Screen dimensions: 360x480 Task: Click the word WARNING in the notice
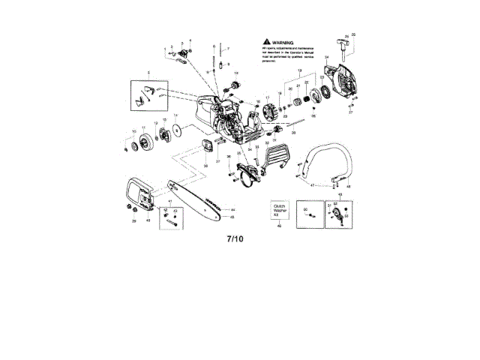282,43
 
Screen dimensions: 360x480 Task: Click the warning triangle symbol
266,43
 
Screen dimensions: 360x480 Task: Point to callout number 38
205,166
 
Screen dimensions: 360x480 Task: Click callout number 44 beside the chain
233,209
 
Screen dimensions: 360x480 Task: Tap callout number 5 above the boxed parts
149,72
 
